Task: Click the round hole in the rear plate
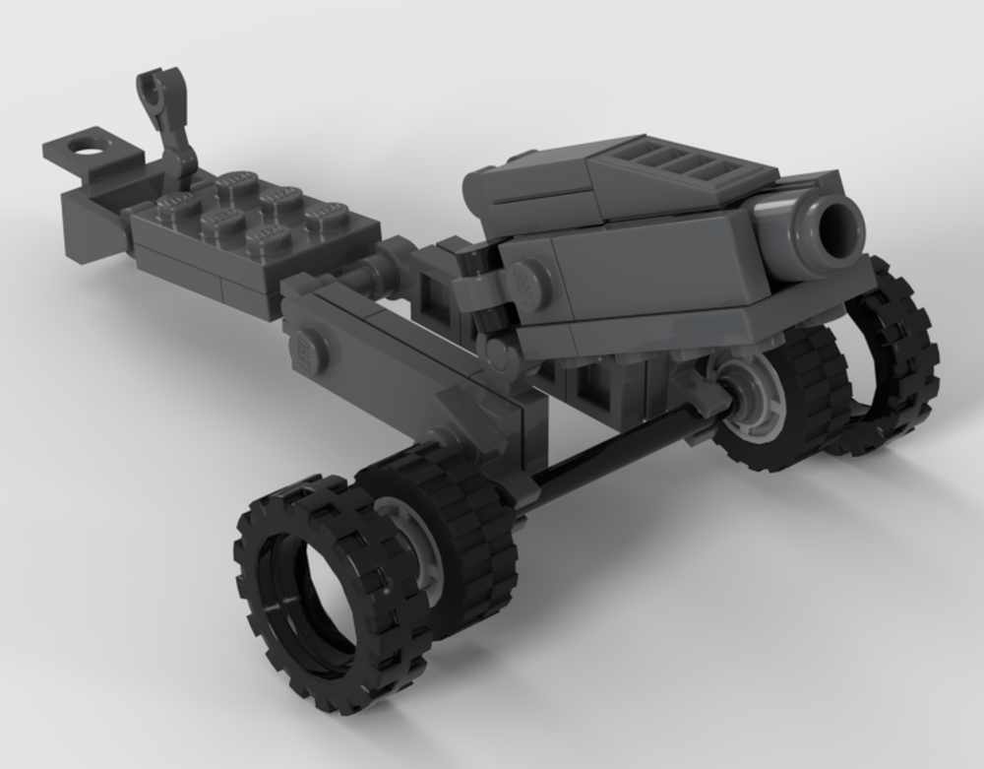pos(90,153)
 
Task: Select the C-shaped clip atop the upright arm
pos(154,93)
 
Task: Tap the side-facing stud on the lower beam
pos(306,350)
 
